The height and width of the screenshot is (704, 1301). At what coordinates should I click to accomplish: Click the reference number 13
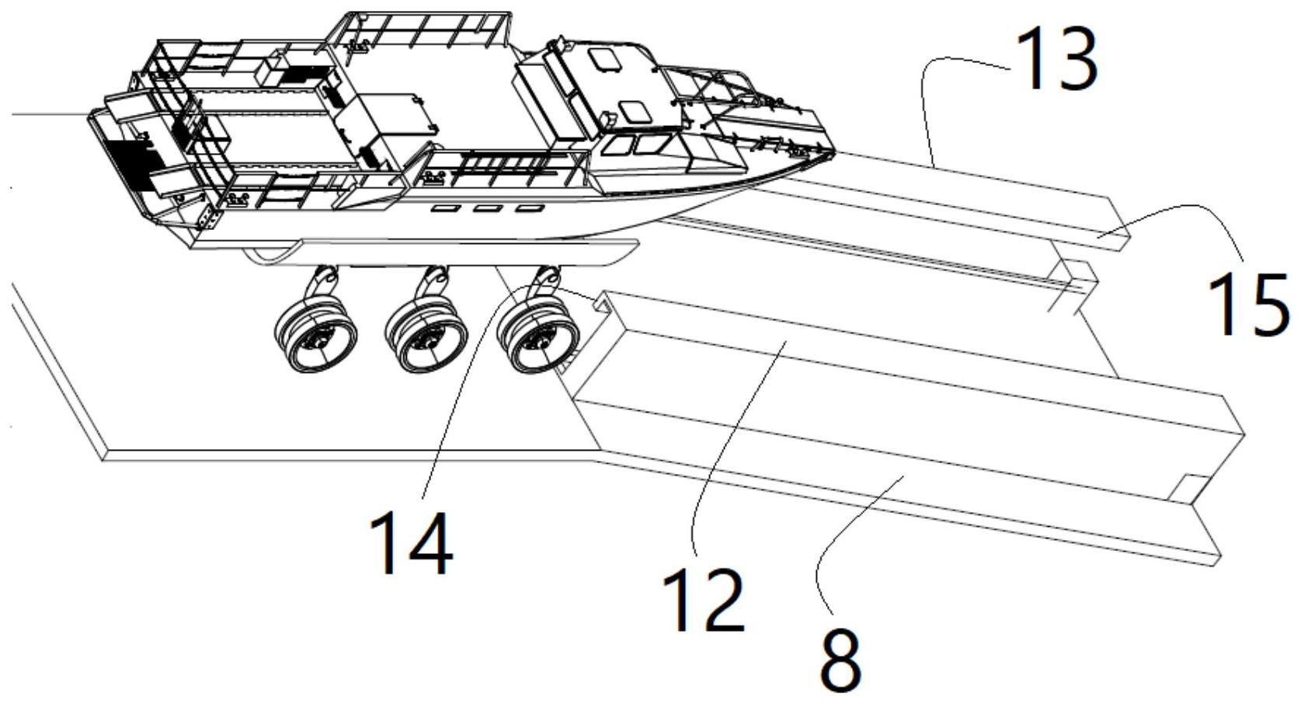coord(1056,58)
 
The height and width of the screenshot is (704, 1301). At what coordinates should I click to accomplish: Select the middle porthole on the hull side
coord(486,208)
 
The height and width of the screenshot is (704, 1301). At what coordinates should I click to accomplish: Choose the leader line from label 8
coord(839,536)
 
